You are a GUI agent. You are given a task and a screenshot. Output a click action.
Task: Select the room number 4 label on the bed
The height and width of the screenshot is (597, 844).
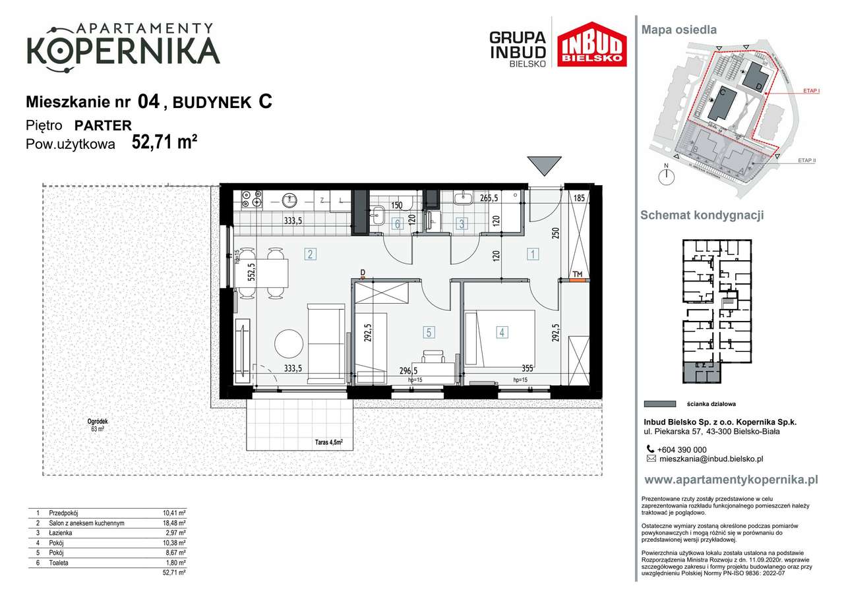(502, 333)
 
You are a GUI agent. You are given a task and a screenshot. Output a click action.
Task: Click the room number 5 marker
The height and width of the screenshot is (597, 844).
(429, 333)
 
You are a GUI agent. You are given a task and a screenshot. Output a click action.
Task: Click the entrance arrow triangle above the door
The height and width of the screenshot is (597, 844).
(545, 166)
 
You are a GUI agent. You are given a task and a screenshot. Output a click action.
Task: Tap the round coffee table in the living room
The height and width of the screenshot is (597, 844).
(289, 343)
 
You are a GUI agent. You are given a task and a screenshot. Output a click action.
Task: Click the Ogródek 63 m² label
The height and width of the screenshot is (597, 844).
(97, 425)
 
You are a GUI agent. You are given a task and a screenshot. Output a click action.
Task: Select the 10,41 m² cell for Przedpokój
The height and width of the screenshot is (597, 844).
(174, 513)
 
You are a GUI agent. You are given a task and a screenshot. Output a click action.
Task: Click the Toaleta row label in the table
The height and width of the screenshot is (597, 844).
(56, 563)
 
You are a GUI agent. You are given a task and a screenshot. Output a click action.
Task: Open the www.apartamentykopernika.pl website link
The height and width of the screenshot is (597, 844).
(731, 480)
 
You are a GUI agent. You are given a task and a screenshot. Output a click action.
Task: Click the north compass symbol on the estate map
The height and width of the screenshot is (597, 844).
(668, 175)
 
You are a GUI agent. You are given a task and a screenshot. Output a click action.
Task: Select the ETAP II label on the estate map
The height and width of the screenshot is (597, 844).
(806, 160)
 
